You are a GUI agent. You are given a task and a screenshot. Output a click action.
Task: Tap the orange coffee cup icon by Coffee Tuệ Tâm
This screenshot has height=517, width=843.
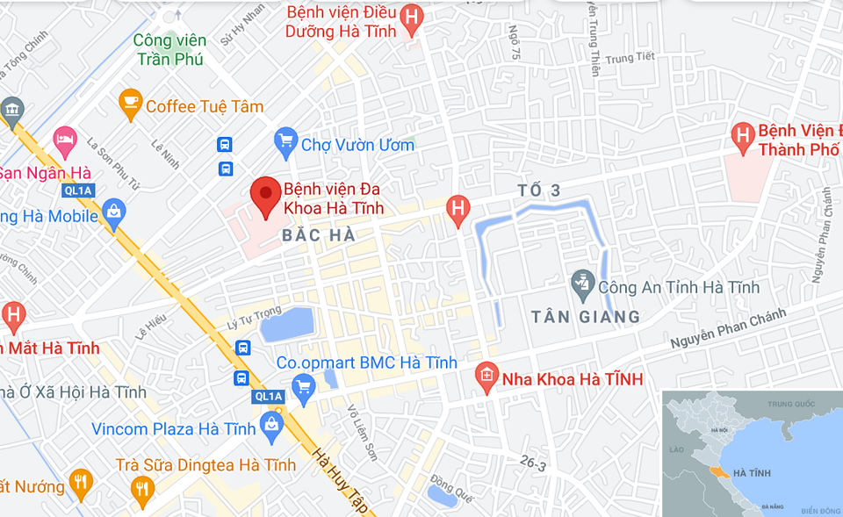[x=131, y=104]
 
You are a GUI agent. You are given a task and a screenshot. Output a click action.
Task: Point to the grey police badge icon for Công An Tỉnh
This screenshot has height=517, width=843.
[x=581, y=283]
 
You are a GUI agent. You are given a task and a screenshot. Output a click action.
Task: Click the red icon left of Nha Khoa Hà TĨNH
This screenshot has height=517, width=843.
[x=486, y=377]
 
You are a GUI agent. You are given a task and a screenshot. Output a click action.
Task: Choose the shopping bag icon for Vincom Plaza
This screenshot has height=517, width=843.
[x=271, y=427]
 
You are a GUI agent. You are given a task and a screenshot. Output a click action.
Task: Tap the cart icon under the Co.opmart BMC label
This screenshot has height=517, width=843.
[x=304, y=384]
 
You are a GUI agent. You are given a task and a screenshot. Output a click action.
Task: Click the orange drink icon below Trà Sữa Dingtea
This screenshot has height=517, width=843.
[x=141, y=488]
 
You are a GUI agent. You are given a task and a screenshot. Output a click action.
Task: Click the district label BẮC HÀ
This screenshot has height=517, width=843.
[x=319, y=235]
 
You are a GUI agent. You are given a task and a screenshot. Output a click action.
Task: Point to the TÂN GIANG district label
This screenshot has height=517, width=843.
[x=586, y=316]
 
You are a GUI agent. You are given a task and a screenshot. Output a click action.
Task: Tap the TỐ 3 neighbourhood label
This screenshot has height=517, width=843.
[x=538, y=190]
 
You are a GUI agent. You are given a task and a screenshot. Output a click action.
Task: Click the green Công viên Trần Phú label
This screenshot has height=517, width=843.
[x=170, y=50]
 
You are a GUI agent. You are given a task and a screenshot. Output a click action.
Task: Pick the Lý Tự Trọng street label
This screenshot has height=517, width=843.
[x=254, y=314]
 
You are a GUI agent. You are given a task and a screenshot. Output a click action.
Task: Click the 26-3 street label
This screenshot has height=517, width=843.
[x=531, y=464]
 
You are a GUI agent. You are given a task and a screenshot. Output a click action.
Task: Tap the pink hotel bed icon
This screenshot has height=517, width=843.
[x=65, y=139]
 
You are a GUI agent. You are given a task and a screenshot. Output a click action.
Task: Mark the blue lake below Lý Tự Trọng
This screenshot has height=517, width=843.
[x=287, y=325]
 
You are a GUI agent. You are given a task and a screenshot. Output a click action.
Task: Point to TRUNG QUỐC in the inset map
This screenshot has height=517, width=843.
[x=791, y=404]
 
